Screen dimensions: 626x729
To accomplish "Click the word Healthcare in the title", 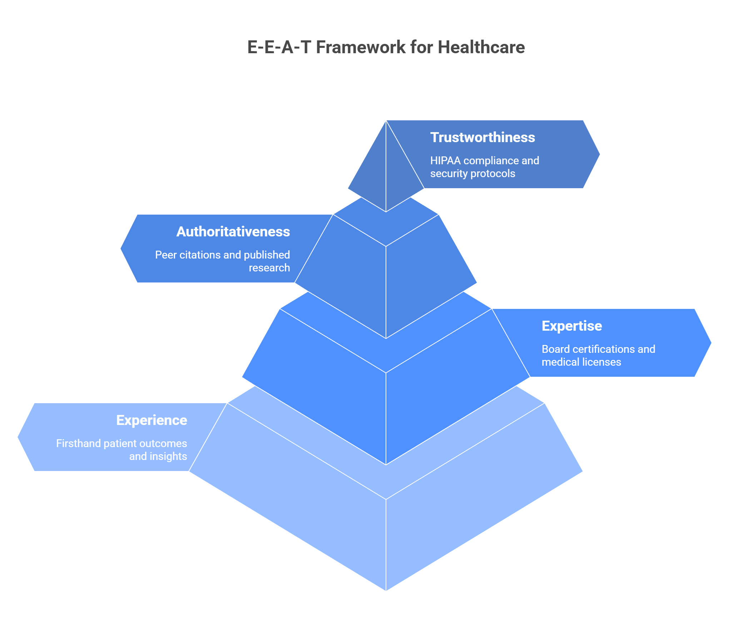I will pyautogui.click(x=481, y=47).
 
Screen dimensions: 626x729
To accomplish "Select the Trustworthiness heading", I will pyautogui.click(x=482, y=137).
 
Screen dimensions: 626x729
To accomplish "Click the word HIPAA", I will pyautogui.click(x=445, y=161).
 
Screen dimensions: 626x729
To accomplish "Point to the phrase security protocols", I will pyautogui.click(x=472, y=174).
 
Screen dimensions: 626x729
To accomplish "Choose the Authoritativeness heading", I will pyautogui.click(x=233, y=232).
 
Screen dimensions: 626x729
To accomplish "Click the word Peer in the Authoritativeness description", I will pyautogui.click(x=166, y=255).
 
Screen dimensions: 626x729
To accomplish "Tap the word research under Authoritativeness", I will pyautogui.click(x=269, y=268).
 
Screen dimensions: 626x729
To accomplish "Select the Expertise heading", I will pyautogui.click(x=572, y=326).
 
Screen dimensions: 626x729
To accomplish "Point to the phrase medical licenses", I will pyautogui.click(x=581, y=362).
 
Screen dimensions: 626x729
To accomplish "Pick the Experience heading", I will pyautogui.click(x=152, y=420).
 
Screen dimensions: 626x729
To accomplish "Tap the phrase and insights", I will pyautogui.click(x=158, y=456).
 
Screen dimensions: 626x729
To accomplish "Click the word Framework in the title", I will pyautogui.click(x=361, y=47).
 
